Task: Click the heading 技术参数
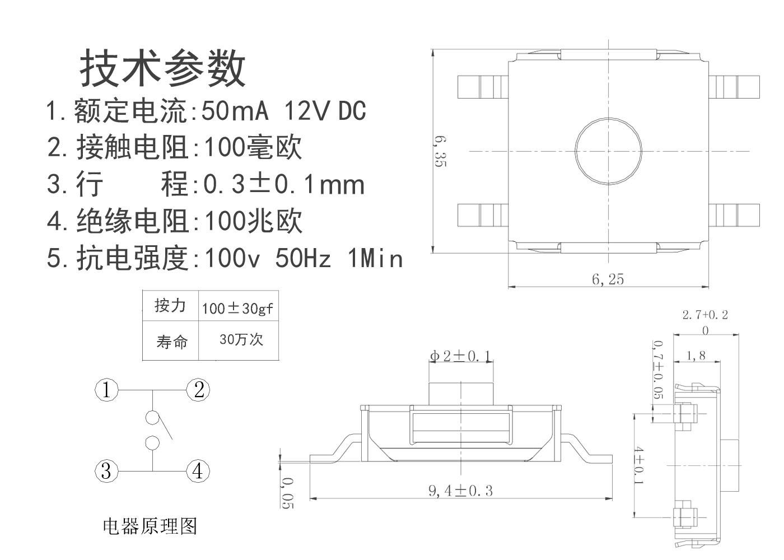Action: point(163,68)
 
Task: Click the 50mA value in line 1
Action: point(235,111)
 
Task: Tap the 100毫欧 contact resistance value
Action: point(253,147)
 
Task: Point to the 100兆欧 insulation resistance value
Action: point(253,221)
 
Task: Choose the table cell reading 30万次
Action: point(241,339)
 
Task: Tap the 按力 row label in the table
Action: point(170,306)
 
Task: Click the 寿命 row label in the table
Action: point(172,342)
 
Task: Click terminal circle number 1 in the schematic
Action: point(106,389)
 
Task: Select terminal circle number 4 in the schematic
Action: point(198,470)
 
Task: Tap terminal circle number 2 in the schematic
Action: point(198,389)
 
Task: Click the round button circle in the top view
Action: point(608,151)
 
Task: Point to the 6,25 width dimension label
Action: point(608,279)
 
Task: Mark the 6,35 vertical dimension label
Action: point(440,152)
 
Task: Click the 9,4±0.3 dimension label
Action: point(460,491)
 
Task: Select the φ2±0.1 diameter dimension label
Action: point(460,356)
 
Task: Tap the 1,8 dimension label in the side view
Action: point(696,356)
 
